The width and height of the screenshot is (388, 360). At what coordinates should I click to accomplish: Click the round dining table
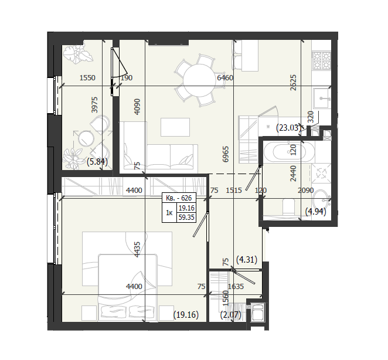click(199, 80)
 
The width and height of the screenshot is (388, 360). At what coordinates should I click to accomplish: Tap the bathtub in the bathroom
click(289, 151)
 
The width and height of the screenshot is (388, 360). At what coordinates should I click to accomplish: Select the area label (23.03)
click(288, 128)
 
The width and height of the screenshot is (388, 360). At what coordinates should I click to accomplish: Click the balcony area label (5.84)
click(97, 162)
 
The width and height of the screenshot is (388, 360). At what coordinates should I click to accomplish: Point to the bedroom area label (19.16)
click(186, 315)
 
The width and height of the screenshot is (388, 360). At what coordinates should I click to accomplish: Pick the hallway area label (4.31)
click(247, 260)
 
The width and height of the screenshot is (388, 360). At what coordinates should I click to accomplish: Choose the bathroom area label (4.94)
click(315, 212)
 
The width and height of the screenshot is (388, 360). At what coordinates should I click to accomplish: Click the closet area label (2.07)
click(230, 315)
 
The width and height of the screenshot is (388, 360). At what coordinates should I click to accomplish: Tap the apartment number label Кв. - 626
click(179, 198)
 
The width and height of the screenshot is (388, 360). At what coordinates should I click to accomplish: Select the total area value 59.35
click(186, 218)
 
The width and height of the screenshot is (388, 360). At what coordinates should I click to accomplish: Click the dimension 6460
click(225, 78)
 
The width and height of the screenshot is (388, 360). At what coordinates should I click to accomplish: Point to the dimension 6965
click(226, 154)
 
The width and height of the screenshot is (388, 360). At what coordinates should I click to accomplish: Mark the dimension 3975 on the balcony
click(95, 105)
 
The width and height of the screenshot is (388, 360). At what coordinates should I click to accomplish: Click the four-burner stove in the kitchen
click(322, 60)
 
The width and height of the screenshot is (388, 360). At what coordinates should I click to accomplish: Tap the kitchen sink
click(321, 99)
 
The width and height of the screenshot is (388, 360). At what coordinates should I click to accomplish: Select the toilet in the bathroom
click(289, 207)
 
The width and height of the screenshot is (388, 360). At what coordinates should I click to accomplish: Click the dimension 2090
click(305, 190)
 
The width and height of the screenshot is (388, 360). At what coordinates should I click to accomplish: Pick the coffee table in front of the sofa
click(175, 127)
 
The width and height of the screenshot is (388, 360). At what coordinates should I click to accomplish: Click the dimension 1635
click(236, 286)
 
